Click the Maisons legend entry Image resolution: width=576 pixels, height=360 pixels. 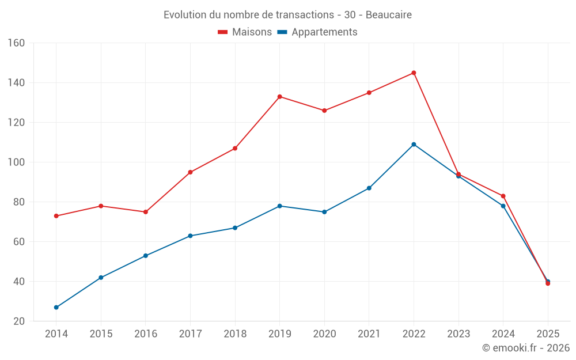click(245, 32)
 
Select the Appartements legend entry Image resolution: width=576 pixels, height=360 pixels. click(317, 32)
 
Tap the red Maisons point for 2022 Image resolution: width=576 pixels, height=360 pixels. click(414, 73)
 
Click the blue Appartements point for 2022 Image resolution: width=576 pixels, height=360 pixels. click(414, 145)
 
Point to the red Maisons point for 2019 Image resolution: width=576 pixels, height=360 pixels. click(279, 97)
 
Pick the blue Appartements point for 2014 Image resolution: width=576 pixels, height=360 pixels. click(56, 308)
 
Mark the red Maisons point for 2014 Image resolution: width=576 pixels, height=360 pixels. click(56, 216)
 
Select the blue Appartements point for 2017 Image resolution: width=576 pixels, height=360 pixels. click(190, 236)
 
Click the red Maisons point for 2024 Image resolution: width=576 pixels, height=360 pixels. click(503, 196)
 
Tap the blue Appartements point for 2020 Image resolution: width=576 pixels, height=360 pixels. click(324, 212)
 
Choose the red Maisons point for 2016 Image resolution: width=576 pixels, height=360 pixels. click(146, 212)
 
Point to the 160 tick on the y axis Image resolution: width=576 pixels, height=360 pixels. click(16, 43)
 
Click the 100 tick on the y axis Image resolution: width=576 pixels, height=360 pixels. click(16, 162)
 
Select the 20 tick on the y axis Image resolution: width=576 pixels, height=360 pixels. click(18, 321)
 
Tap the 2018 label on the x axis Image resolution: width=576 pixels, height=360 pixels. click(235, 334)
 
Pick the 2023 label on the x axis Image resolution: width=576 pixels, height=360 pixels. click(458, 334)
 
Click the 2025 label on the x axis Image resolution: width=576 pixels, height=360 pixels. click(548, 334)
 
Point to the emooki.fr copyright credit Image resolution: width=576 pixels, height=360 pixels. click(526, 348)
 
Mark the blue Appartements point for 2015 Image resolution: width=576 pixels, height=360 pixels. click(101, 278)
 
